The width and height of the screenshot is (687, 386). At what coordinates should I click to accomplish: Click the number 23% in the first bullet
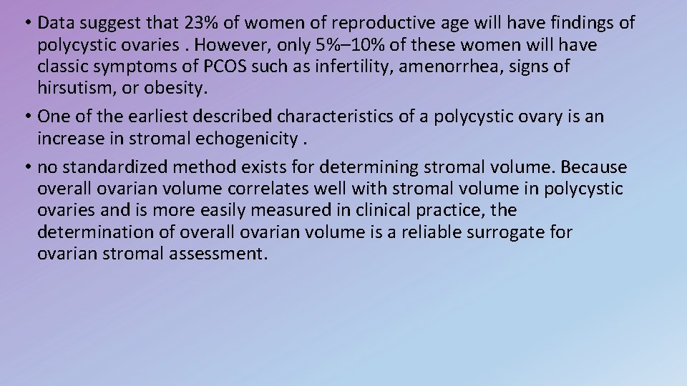pyautogui.click(x=198, y=23)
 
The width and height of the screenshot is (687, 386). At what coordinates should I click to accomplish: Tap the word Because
pyautogui.click(x=594, y=167)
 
